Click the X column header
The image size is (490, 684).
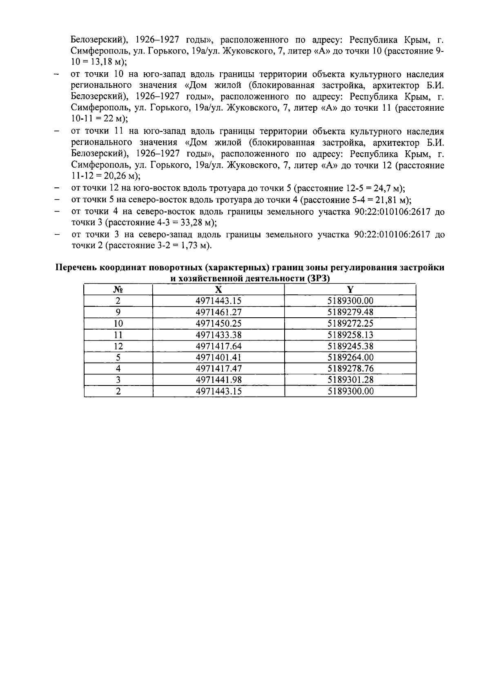coord(218,290)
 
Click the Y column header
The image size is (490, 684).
coord(350,290)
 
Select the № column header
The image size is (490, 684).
coord(118,290)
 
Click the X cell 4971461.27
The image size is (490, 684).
coord(218,312)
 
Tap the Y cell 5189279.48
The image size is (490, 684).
coord(350,312)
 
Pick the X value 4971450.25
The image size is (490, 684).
coord(218,323)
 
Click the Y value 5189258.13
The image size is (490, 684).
coord(350,335)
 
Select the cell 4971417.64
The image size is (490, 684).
coord(218,346)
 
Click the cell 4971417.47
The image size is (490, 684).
coord(218,369)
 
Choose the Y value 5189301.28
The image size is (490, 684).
coord(350,380)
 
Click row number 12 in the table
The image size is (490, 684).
coord(118,346)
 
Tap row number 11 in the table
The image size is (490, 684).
coord(118,335)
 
